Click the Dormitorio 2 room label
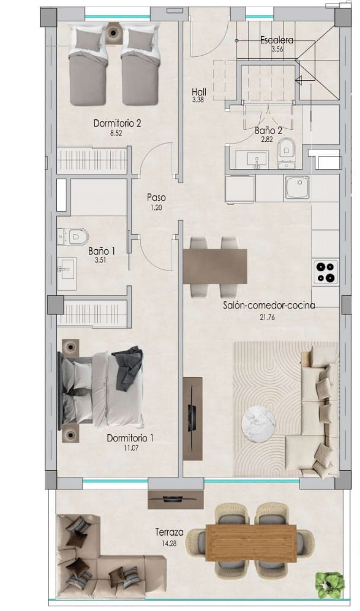117,123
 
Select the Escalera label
277,40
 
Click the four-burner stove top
325,272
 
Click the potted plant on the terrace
329,584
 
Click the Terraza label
169,532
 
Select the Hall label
199,92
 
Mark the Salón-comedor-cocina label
269,306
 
